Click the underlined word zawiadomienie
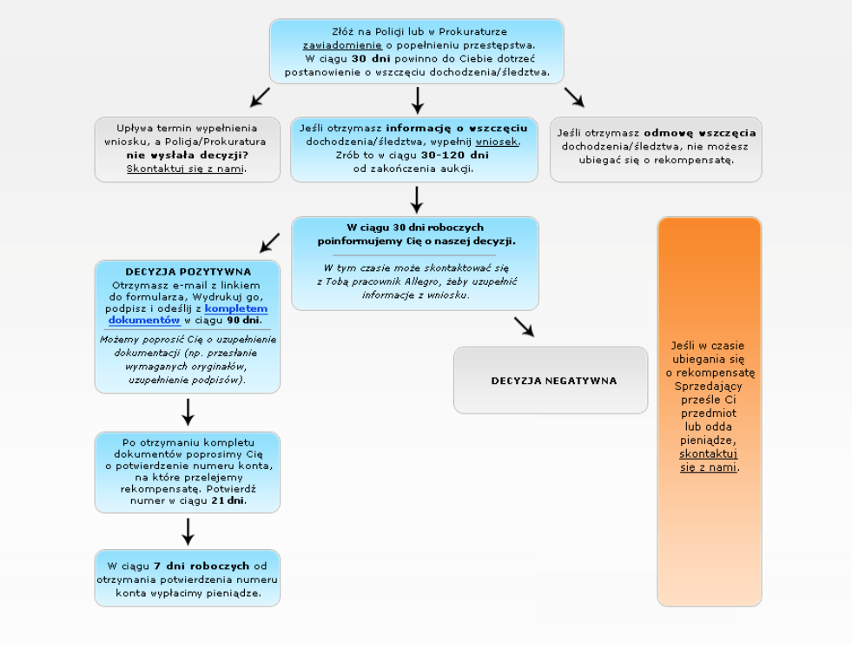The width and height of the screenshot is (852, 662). (x=342, y=46)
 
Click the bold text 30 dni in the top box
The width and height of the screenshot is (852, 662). (x=371, y=59)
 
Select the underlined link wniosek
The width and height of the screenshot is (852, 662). (x=497, y=142)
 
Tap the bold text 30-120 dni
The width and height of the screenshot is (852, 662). (x=455, y=155)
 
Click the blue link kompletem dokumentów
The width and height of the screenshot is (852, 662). (x=188, y=314)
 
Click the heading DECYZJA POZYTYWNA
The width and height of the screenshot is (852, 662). (x=188, y=272)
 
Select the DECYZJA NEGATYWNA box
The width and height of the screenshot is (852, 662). (x=551, y=381)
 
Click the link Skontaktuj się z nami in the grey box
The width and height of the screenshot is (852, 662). (x=185, y=169)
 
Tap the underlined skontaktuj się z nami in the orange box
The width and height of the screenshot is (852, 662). (x=709, y=460)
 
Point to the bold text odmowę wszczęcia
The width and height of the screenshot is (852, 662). (x=700, y=133)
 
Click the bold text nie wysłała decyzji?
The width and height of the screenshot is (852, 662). (x=188, y=155)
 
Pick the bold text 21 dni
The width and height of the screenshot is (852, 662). (x=228, y=500)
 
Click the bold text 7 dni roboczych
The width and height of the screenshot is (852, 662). (x=201, y=566)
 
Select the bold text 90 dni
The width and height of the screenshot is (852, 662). (x=244, y=320)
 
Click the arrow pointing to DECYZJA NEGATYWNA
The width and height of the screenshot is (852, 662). (x=524, y=328)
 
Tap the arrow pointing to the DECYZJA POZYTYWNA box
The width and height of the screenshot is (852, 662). (x=269, y=243)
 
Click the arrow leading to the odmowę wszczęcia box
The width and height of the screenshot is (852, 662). (x=574, y=97)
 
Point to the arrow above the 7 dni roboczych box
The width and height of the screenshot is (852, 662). (x=188, y=532)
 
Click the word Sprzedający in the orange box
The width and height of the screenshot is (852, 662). (x=709, y=386)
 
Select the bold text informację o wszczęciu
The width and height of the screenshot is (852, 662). (x=457, y=129)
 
